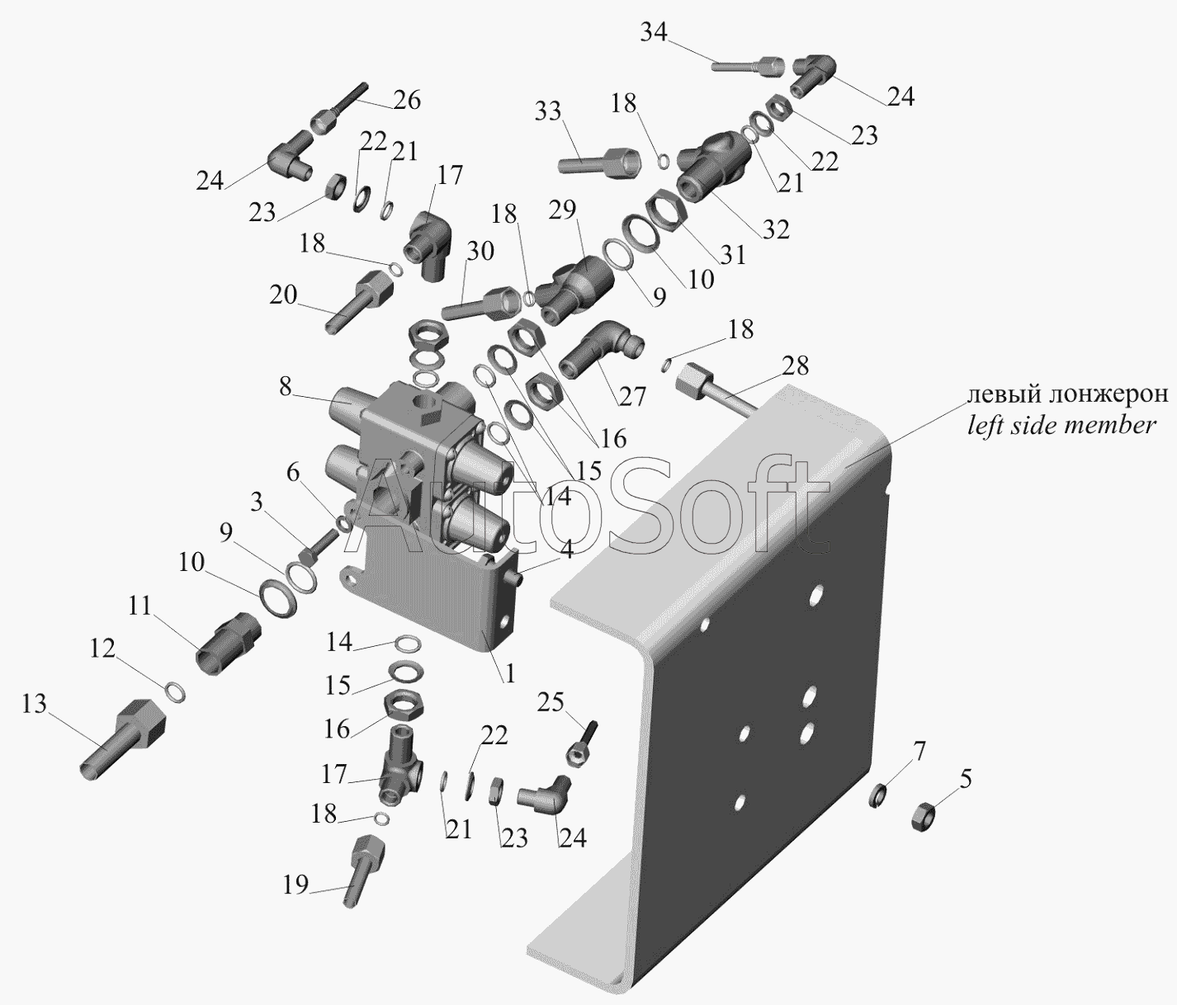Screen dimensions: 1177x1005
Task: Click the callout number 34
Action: coord(654,32)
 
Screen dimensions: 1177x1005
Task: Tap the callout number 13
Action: coord(34,704)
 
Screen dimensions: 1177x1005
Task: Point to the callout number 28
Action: coord(796,366)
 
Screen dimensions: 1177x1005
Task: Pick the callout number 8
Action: coord(286,387)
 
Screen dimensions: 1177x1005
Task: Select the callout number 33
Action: coord(548,111)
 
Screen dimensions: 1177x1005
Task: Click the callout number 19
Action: coord(296,885)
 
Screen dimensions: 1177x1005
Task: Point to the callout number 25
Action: coord(551,702)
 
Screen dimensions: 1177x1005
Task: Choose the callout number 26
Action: coord(407,100)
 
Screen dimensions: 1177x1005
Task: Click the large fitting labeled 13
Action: coord(123,739)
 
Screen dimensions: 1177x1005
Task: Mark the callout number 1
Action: coord(509,673)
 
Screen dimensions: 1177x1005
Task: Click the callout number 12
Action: coord(102,649)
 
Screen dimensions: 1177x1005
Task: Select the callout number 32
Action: coord(776,229)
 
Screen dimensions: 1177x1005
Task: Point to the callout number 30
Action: coord(480,251)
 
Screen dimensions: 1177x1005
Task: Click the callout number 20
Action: coord(283,295)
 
